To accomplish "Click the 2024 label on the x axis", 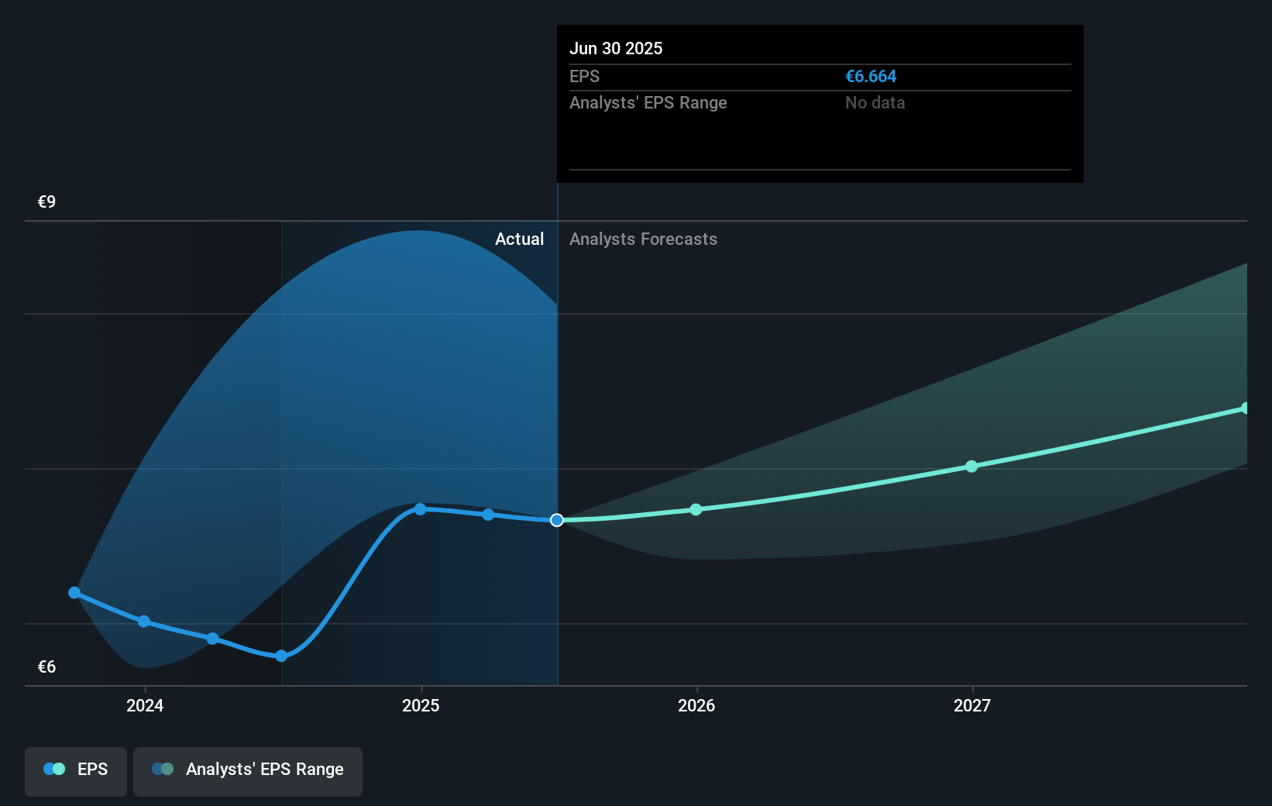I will click(x=145, y=705).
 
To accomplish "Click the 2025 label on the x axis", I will click(x=421, y=705).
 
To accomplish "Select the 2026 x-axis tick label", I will click(x=696, y=705).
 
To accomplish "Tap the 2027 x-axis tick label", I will click(x=972, y=705).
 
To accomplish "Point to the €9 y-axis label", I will click(x=46, y=202).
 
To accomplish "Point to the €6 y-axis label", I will click(x=46, y=667).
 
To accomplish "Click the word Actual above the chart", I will click(x=519, y=239).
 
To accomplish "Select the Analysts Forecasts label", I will click(x=643, y=239).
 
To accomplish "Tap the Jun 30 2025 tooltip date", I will click(x=616, y=49).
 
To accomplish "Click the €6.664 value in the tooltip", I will click(x=871, y=77).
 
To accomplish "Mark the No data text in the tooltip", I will click(x=875, y=103).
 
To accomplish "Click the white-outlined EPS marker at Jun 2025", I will click(x=557, y=520).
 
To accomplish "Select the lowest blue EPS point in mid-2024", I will click(x=281, y=656).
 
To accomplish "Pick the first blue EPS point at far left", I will click(x=74, y=593).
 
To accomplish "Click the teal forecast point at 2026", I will click(x=696, y=509).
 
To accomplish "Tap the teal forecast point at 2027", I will click(x=971, y=467).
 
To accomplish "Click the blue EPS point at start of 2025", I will click(x=420, y=509).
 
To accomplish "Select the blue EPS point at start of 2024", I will click(x=144, y=622).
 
